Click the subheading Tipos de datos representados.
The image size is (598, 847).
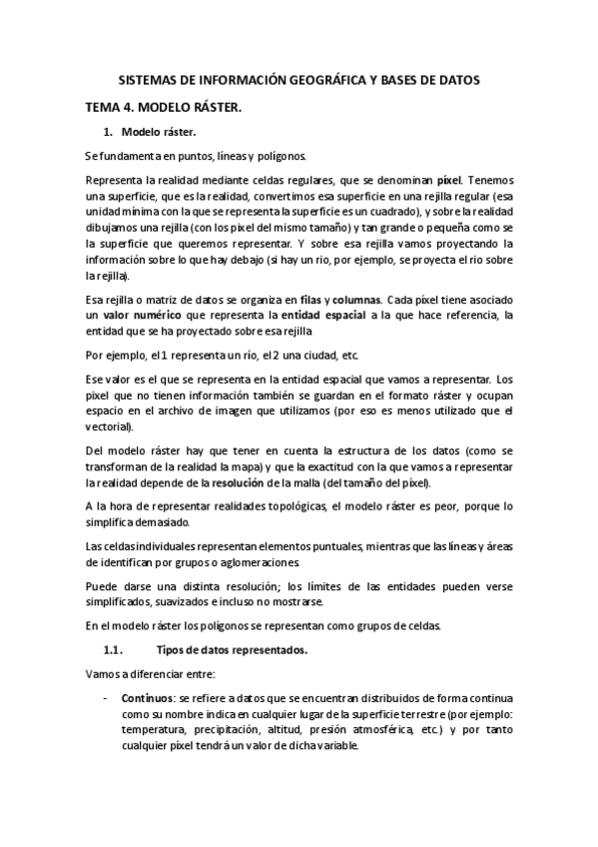coord(218,651)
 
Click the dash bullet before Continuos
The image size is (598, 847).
coord(106,699)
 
